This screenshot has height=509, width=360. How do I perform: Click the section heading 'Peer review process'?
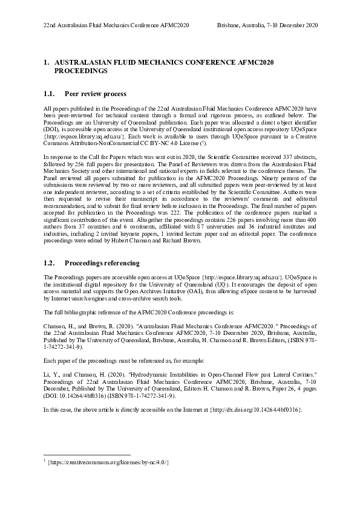pyautogui.click(x=95, y=94)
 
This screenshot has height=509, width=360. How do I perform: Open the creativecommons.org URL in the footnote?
pyautogui.click(x=108, y=462)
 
